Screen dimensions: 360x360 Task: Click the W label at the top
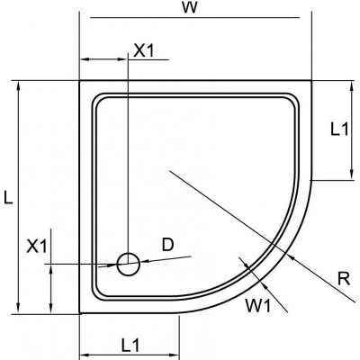tap(190, 8)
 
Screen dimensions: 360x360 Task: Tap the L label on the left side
tap(8, 198)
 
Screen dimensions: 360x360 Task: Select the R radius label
tap(344, 279)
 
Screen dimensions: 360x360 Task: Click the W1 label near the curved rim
tap(258, 306)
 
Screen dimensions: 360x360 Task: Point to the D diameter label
tap(167, 245)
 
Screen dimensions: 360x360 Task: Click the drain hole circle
tap(129, 264)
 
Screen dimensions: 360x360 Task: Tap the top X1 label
tap(143, 50)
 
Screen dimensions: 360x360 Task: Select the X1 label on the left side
tap(37, 247)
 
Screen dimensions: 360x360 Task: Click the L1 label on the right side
tap(339, 130)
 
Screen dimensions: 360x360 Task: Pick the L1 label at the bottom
tap(130, 346)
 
